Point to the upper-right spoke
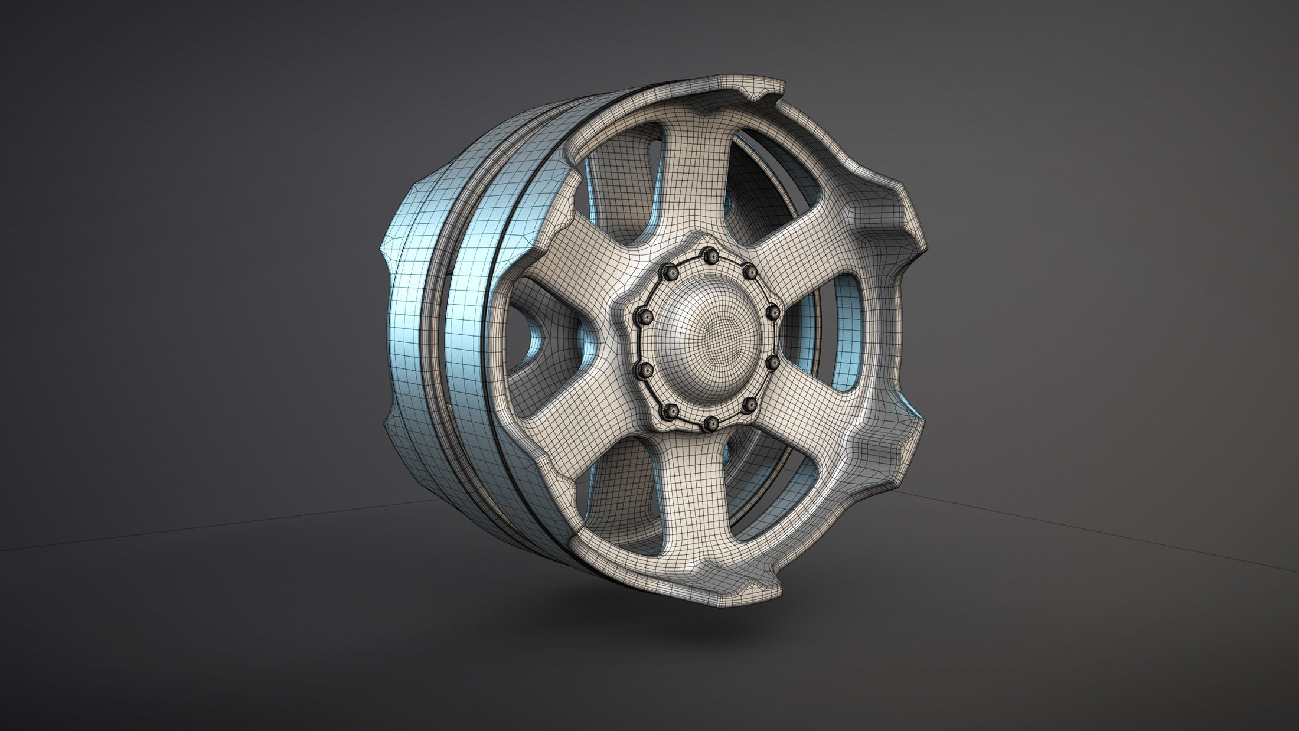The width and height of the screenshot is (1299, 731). pyautogui.click(x=827, y=248)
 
